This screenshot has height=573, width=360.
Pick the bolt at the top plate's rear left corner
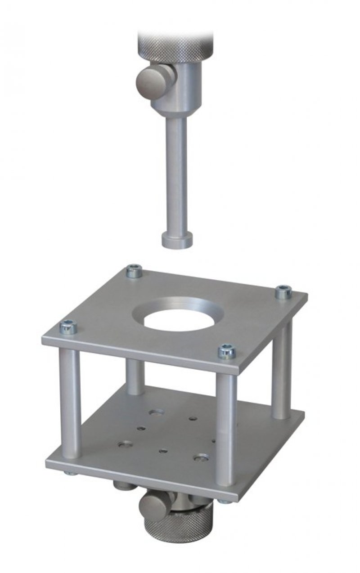[x=134, y=271]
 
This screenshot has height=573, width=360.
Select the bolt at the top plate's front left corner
[x=68, y=327]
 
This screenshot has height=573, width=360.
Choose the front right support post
[x=225, y=427]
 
